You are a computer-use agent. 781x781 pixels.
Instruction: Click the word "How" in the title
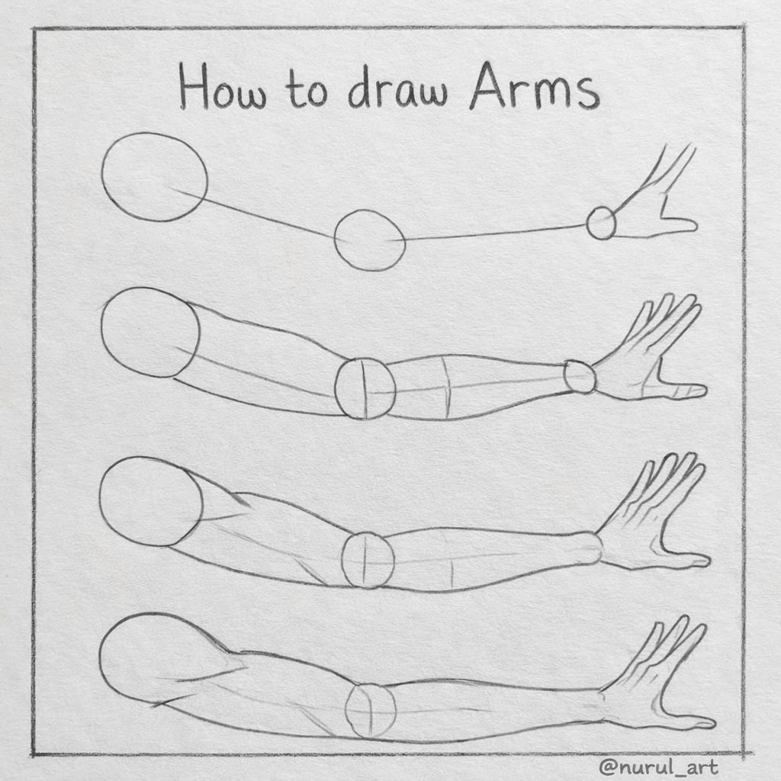pos(223,87)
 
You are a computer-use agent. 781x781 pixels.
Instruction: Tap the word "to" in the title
pos(307,88)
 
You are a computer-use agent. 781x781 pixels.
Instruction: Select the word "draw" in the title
pos(397,87)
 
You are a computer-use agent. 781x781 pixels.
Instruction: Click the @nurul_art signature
pos(658,767)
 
